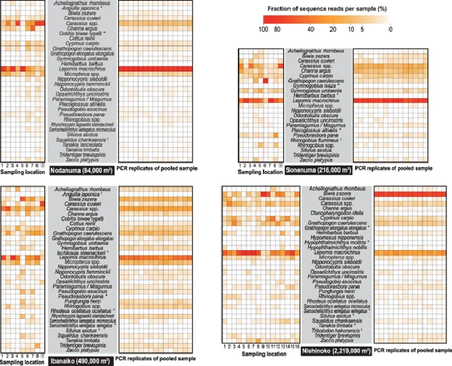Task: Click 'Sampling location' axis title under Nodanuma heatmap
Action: (22, 171)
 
